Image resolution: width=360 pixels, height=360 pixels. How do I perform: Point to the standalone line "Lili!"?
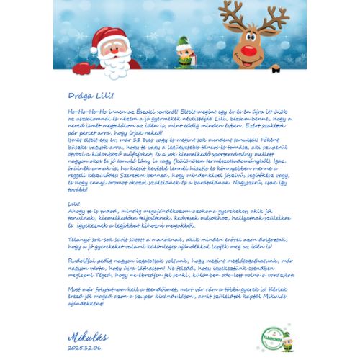point(73,203)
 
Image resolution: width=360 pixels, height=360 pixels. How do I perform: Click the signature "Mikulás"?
point(88,336)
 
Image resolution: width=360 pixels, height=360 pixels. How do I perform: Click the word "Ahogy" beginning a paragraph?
point(76,210)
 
